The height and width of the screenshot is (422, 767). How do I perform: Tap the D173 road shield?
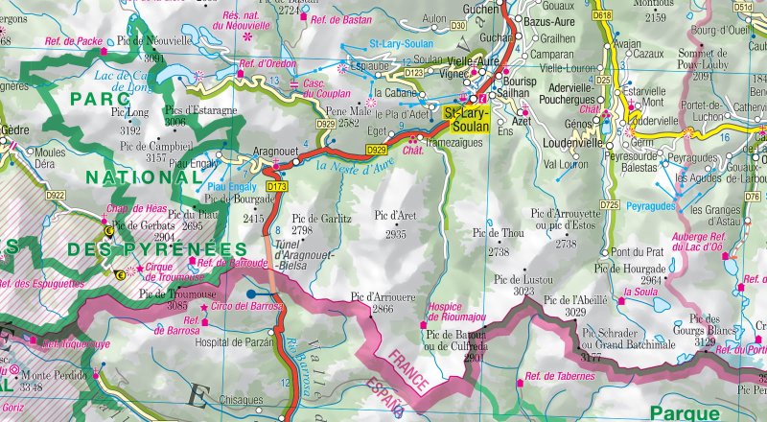[277, 186]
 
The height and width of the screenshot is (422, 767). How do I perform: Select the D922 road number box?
[55, 196]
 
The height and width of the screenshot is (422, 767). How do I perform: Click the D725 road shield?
[609, 204]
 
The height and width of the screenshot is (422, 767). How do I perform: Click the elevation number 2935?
[396, 234]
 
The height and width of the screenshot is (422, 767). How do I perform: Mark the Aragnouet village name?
[276, 152]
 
